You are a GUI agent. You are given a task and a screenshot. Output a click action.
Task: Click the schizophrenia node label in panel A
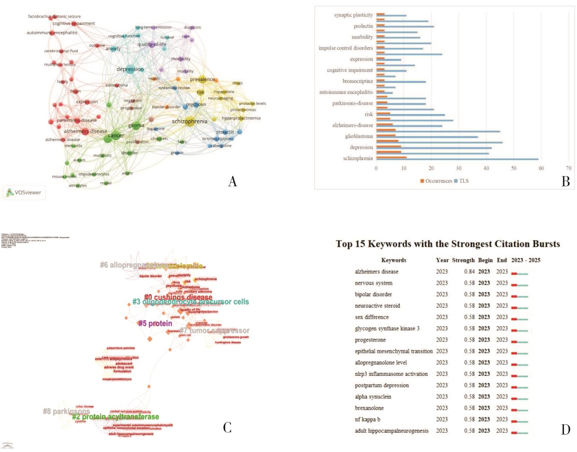[189, 121]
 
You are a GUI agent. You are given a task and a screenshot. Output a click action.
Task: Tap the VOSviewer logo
[24, 192]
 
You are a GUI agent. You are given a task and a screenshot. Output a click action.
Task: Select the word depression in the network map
[130, 69]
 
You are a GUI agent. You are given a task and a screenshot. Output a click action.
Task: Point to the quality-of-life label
[151, 44]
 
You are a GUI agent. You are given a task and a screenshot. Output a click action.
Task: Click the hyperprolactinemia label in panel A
[241, 118]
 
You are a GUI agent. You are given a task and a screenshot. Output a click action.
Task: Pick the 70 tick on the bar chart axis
[568, 168]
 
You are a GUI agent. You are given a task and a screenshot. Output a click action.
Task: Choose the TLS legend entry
[461, 181]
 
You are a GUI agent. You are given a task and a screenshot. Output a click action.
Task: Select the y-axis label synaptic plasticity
[353, 15]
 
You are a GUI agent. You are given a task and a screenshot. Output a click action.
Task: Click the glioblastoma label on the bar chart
[359, 136]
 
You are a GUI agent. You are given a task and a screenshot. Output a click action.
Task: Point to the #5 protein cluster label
[155, 324]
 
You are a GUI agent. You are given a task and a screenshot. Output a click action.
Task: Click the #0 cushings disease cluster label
[178, 298]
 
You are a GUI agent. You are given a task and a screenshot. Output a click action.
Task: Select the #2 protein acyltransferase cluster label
[115, 417]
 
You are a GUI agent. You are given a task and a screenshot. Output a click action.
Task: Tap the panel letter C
[227, 427]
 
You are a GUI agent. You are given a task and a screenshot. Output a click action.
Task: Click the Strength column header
[463, 260]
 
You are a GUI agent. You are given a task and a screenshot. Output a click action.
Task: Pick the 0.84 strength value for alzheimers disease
[469, 271]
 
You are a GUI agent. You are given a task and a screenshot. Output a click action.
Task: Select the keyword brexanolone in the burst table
[369, 408]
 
